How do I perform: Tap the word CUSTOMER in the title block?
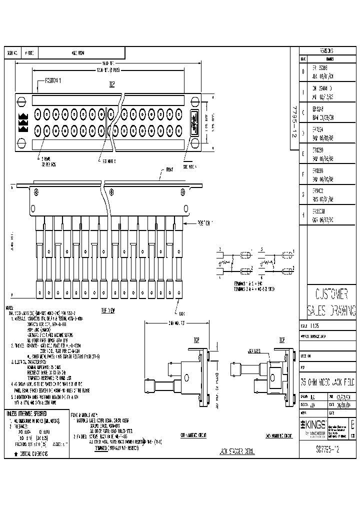coord(327,293)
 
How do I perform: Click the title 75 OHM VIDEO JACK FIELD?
coord(327,382)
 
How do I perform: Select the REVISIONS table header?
coord(327,51)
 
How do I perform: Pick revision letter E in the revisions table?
coord(302,155)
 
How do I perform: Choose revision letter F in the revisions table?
coord(302,174)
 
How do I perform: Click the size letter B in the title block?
coord(353,425)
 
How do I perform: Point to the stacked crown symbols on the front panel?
coord(23,122)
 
